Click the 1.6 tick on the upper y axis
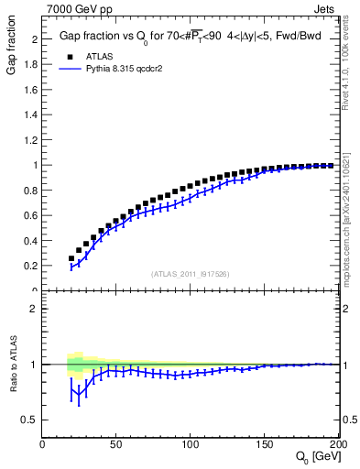(34, 90)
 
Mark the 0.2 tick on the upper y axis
(34, 266)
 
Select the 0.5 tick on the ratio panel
(34, 420)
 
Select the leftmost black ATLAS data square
(71, 258)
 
